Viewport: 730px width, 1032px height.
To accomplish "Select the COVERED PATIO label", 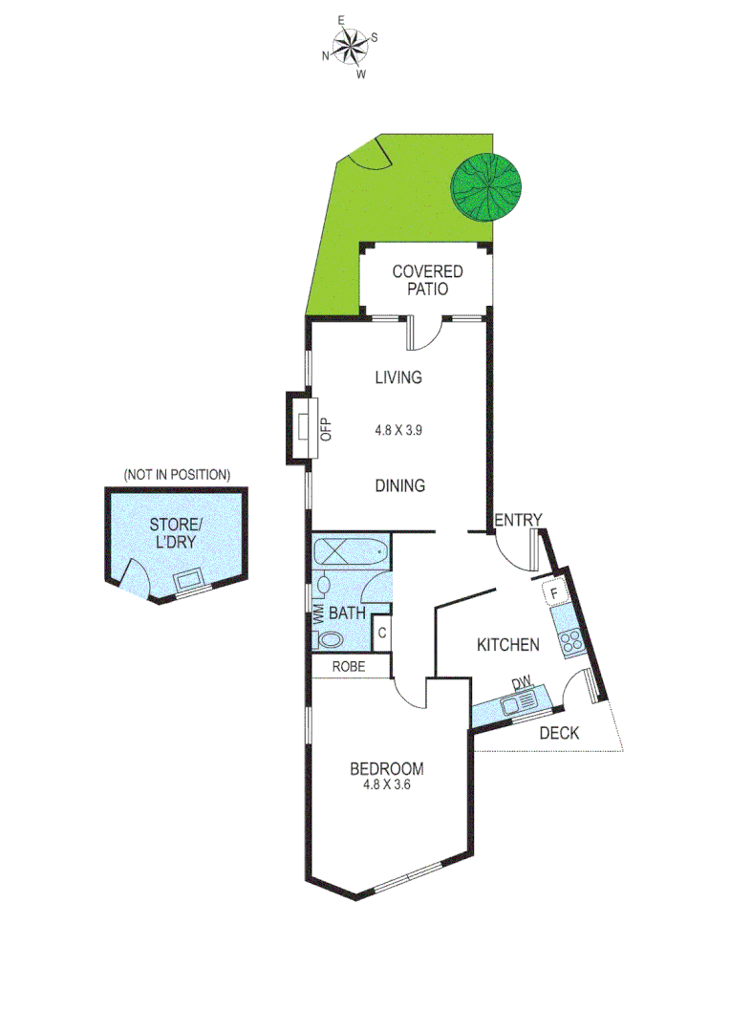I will coord(427,281).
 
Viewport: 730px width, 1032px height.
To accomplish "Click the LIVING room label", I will coord(398,377).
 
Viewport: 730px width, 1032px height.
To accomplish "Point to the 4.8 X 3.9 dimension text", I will coord(398,430).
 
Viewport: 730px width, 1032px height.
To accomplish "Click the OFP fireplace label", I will coord(324,430).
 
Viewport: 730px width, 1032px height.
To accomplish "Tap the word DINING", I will coord(399,485).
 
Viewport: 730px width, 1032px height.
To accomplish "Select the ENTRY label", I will coord(518,520).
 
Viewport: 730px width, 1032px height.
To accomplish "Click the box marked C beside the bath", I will coord(381,633).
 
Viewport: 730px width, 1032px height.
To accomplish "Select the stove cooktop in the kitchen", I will coord(572,642).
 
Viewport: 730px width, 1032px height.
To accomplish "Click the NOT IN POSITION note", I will coord(177,474).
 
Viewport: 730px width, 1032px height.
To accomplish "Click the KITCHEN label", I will coord(508,645).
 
